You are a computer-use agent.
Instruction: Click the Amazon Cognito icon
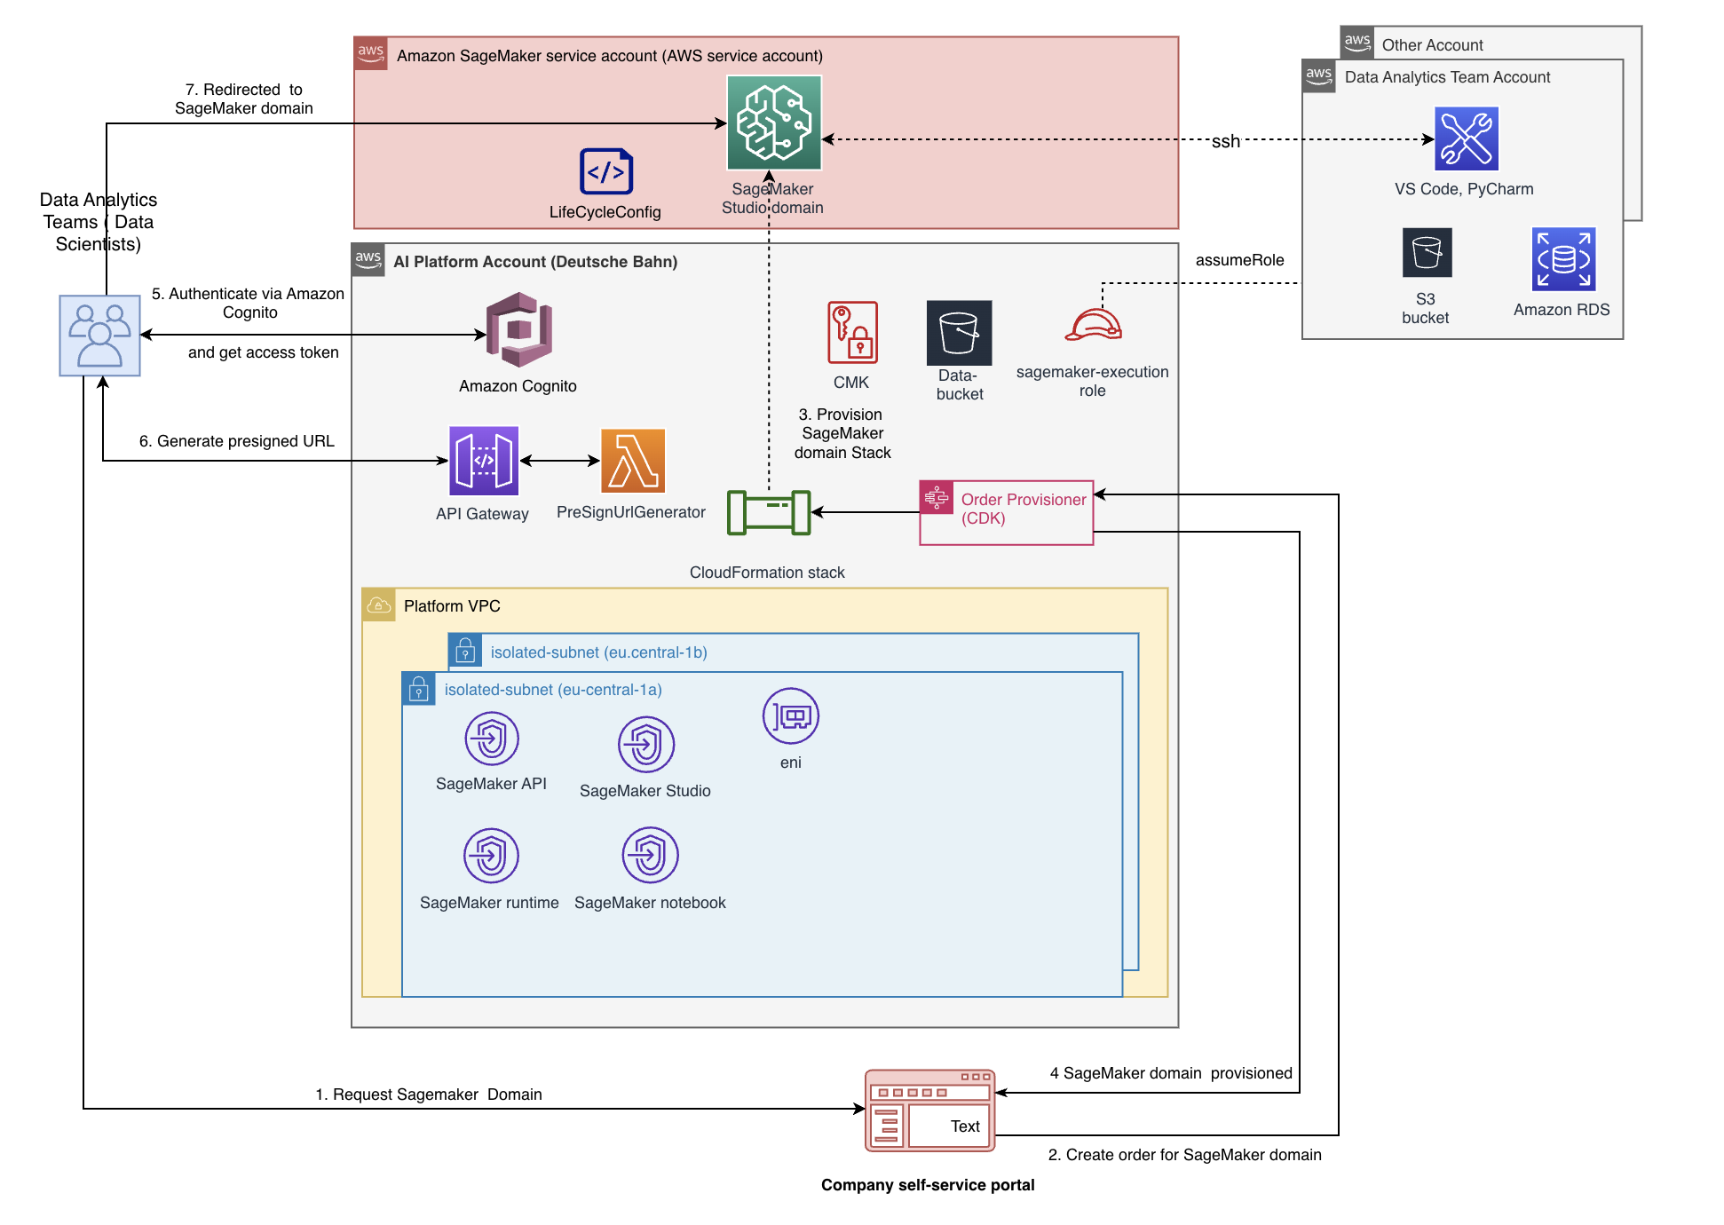pyautogui.click(x=519, y=329)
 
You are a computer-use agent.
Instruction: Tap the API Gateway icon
pyautogui.click(x=484, y=461)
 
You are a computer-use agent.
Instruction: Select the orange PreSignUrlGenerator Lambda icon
pyautogui.click(x=633, y=461)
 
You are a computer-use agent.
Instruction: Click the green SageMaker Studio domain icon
pyautogui.click(x=774, y=122)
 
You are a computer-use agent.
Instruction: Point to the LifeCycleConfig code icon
pyautogui.click(x=606, y=171)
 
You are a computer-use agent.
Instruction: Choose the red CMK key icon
pyautogui.click(x=852, y=332)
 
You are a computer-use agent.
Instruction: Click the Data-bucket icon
pyautogui.click(x=959, y=333)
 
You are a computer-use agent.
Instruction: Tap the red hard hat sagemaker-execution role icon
pyautogui.click(x=1094, y=325)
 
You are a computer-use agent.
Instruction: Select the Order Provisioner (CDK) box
pyautogui.click(x=1007, y=512)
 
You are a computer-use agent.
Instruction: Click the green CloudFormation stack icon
pyautogui.click(x=769, y=512)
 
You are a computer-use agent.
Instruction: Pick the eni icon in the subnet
pyautogui.click(x=790, y=716)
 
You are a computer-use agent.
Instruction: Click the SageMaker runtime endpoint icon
pyautogui.click(x=491, y=856)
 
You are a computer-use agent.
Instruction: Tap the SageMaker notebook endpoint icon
pyautogui.click(x=650, y=856)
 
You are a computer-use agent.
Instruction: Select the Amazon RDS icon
pyautogui.click(x=1563, y=259)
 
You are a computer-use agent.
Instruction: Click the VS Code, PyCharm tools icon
pyautogui.click(x=1467, y=138)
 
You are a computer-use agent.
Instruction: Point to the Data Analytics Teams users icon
pyautogui.click(x=99, y=336)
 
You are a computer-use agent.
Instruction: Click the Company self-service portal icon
pyautogui.click(x=929, y=1110)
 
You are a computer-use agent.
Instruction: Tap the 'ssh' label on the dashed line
pyautogui.click(x=1225, y=141)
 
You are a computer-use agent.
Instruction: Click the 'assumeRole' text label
pyautogui.click(x=1239, y=260)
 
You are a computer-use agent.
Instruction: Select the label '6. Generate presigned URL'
pyautogui.click(x=237, y=441)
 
